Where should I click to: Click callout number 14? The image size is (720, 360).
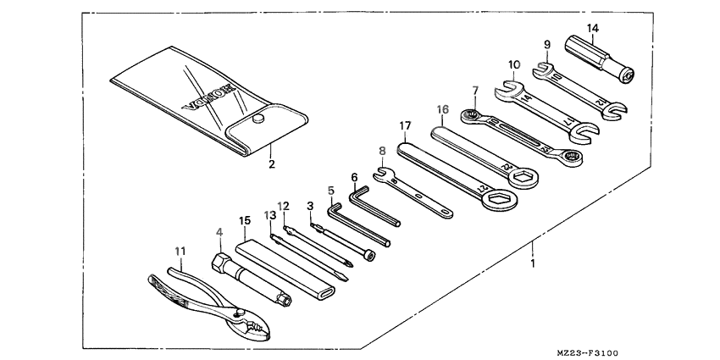click(x=592, y=29)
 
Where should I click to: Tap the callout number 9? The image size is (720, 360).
click(x=547, y=44)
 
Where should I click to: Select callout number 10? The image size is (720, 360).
click(x=515, y=64)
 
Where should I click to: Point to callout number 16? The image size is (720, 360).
click(x=441, y=109)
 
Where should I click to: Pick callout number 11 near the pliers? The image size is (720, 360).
click(x=179, y=252)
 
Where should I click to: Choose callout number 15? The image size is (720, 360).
click(x=245, y=221)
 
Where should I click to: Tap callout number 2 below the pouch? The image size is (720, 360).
click(x=272, y=164)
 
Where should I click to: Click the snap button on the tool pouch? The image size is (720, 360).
click(x=256, y=121)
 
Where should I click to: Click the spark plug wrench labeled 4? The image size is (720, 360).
click(x=250, y=280)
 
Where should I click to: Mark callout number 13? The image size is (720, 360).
click(x=270, y=216)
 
